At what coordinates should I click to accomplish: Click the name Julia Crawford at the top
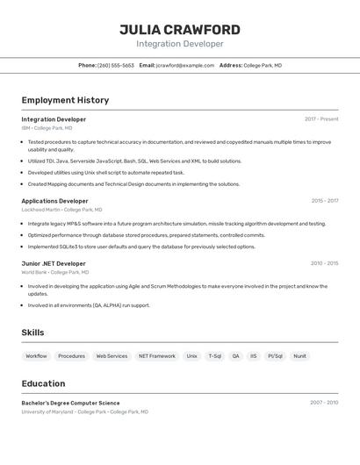click(179, 30)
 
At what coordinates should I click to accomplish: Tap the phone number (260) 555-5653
click(116, 66)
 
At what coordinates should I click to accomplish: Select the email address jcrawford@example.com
click(185, 66)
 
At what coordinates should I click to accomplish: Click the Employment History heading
click(65, 101)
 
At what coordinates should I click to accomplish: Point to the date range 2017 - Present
click(321, 119)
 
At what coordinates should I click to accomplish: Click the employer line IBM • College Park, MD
click(47, 128)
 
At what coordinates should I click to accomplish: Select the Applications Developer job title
click(54, 201)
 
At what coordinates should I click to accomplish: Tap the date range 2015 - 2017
click(324, 201)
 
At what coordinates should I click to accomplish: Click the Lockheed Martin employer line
click(61, 210)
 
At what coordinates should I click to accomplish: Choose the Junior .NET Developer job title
click(54, 263)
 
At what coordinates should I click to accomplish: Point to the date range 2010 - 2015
click(324, 263)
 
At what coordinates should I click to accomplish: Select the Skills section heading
click(32, 333)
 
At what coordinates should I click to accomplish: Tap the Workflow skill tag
click(36, 356)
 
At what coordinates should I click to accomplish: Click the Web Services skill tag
click(112, 356)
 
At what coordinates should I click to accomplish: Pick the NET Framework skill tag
click(156, 356)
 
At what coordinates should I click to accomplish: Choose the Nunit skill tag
click(299, 356)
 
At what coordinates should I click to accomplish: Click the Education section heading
click(43, 383)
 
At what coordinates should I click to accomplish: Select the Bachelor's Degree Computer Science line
click(70, 403)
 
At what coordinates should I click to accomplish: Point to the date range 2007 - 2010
click(324, 403)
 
